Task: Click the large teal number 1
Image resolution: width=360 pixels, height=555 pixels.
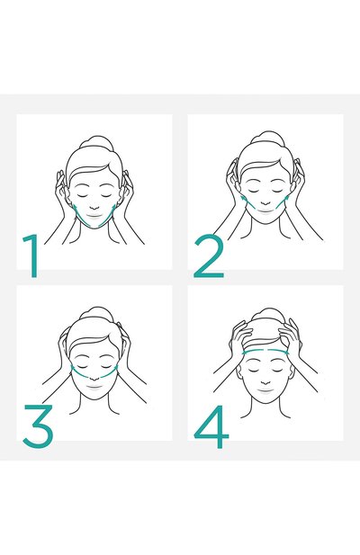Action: point(32,255)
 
